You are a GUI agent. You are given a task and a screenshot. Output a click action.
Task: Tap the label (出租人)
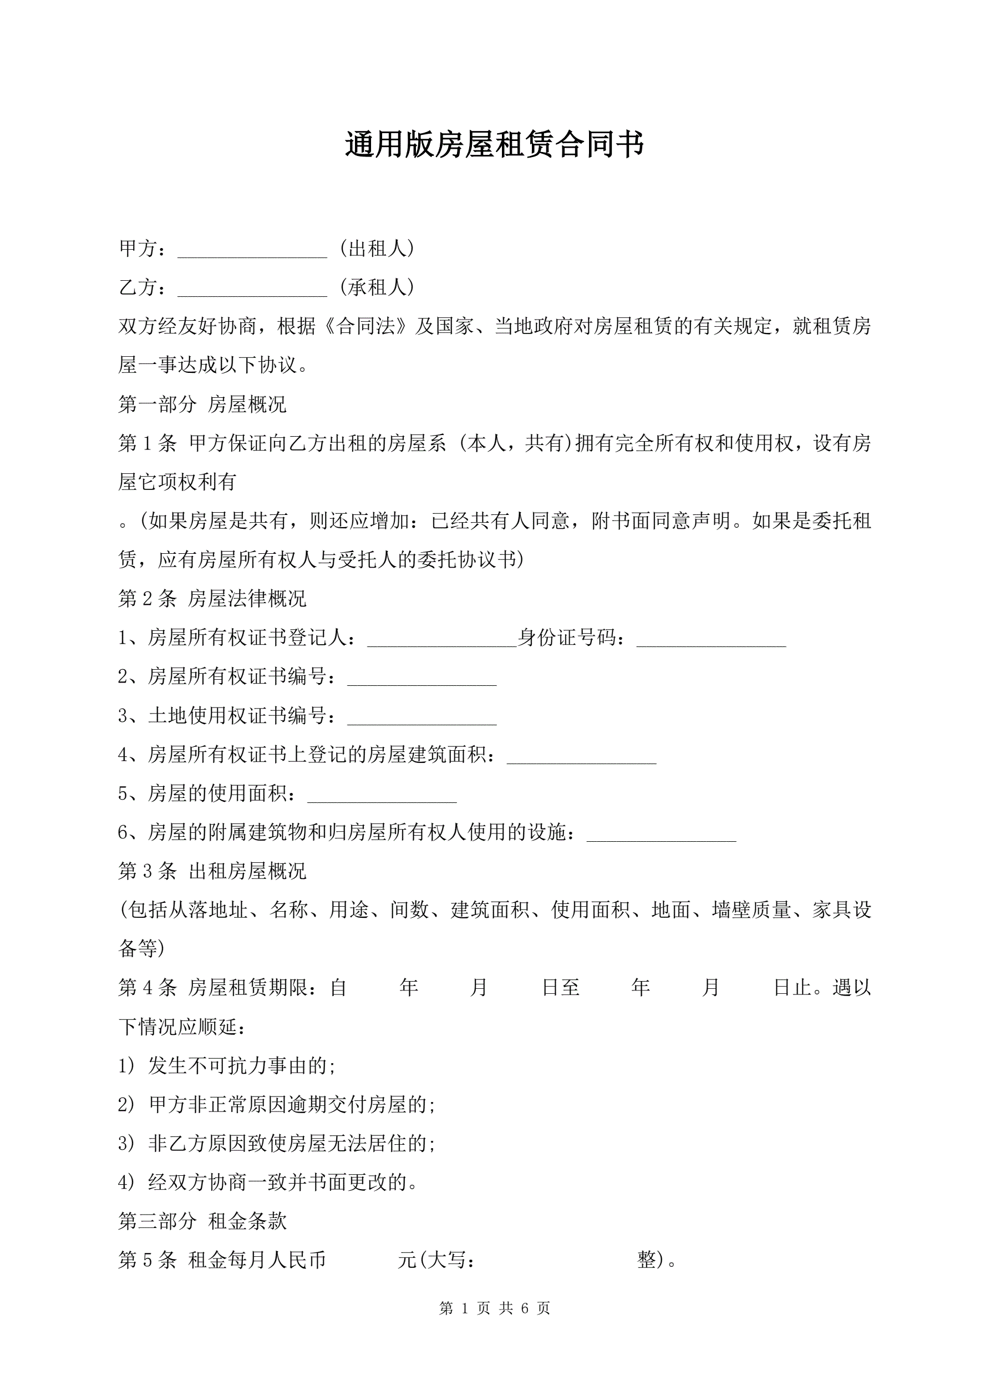(377, 248)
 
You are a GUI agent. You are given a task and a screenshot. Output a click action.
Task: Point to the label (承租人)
(377, 287)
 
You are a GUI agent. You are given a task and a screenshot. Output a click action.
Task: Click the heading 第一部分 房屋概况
(202, 405)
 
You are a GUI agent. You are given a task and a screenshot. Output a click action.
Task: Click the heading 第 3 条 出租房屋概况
(212, 871)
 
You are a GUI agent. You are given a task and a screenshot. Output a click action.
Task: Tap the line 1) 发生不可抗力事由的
(227, 1066)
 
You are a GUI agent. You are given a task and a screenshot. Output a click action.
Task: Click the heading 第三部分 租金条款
(202, 1221)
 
